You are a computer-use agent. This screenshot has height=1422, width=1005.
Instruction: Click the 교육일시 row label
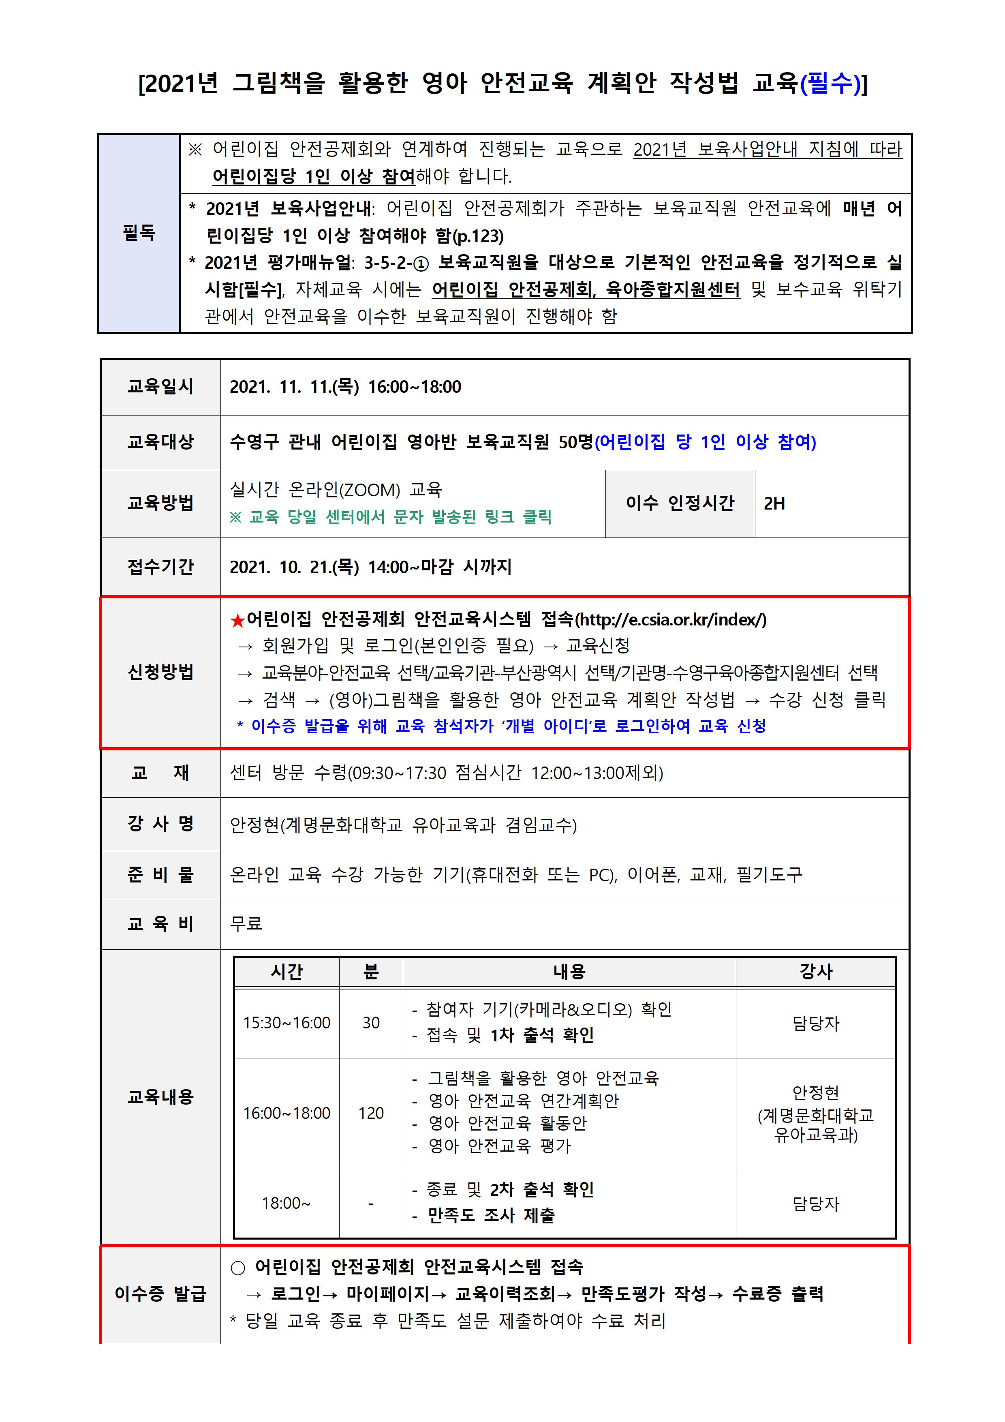[160, 387]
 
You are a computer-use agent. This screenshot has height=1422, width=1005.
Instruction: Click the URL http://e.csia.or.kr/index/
[672, 619]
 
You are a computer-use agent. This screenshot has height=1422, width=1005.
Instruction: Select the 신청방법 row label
[160, 672]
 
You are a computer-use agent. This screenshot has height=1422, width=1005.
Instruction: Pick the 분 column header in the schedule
[370, 972]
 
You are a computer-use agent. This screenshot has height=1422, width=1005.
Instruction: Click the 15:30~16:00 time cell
[286, 1023]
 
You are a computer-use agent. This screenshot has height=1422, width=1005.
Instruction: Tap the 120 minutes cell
[370, 1113]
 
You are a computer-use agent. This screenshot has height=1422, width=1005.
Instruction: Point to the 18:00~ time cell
[286, 1203]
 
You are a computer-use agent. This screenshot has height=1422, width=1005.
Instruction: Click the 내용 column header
[569, 972]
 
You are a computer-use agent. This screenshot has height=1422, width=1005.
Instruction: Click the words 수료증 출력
[777, 1294]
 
